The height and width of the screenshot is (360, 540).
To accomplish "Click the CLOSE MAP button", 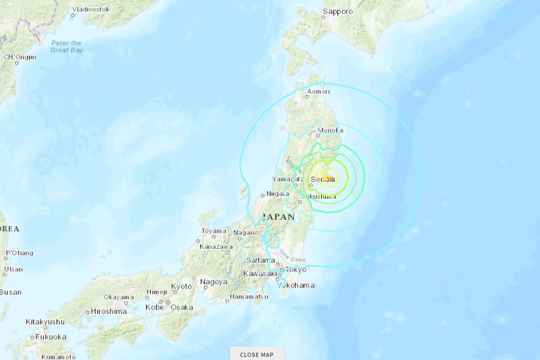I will tap(256, 354).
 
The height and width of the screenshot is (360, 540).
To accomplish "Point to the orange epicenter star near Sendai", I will tap(329, 178).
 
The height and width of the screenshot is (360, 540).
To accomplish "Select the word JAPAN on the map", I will tap(278, 217).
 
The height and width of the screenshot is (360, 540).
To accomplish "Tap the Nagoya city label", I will tap(214, 282).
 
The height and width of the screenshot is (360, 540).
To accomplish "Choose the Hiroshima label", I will tap(108, 311).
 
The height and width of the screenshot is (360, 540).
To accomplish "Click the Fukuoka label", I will tap(51, 337).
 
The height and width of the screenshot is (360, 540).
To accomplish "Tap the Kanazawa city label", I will tap(216, 247).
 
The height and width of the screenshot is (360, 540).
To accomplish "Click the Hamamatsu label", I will tap(249, 297).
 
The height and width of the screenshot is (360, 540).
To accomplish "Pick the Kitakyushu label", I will tap(45, 322).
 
